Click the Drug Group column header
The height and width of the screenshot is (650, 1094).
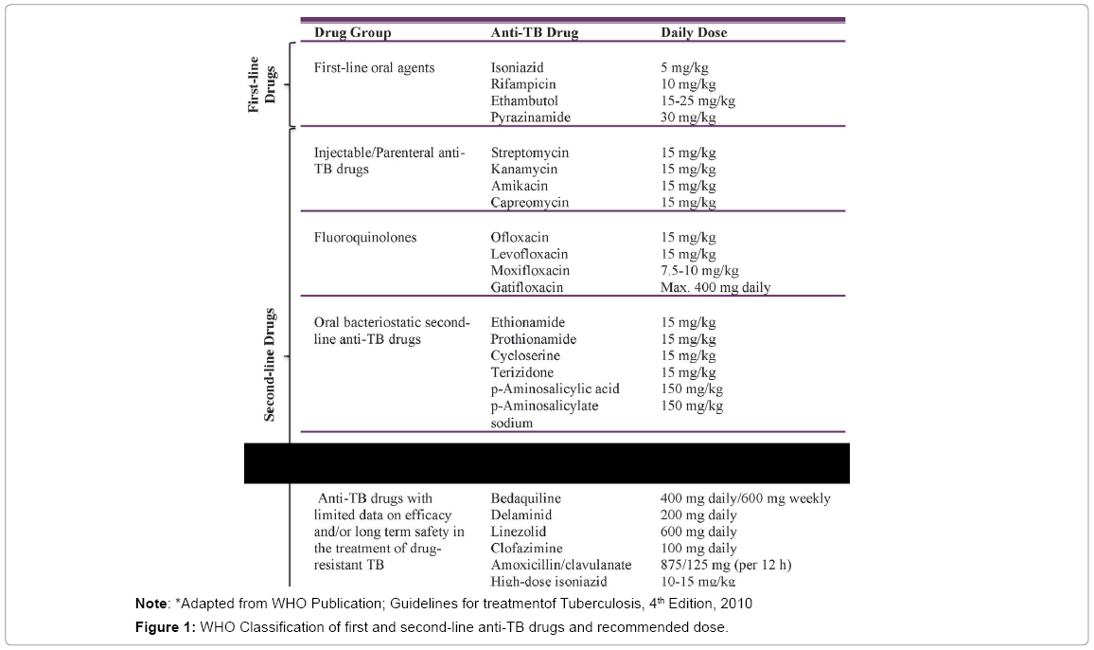[x=352, y=32]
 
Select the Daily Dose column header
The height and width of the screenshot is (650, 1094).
[x=694, y=32]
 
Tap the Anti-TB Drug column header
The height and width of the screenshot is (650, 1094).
[x=534, y=32]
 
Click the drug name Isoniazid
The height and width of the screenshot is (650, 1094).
[x=518, y=68]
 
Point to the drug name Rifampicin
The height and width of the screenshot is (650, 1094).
[x=522, y=84]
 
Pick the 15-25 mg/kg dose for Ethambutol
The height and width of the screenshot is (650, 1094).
[x=697, y=100]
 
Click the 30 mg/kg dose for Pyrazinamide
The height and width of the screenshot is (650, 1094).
[x=688, y=117]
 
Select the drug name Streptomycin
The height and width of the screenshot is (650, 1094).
[x=530, y=153]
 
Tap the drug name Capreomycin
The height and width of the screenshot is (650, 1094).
[x=530, y=203]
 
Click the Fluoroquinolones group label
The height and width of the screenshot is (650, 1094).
[x=364, y=238]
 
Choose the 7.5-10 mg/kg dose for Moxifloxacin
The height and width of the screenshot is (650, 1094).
[x=699, y=271]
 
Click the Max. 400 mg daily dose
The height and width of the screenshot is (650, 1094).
[x=715, y=287]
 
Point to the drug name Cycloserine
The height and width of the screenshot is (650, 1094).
[x=525, y=356]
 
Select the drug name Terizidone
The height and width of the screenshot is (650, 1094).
[x=522, y=373]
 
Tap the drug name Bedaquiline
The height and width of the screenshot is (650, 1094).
[x=526, y=498]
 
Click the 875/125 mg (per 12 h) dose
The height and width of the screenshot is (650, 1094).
[x=725, y=565]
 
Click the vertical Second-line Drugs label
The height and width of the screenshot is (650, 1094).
[x=270, y=365]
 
